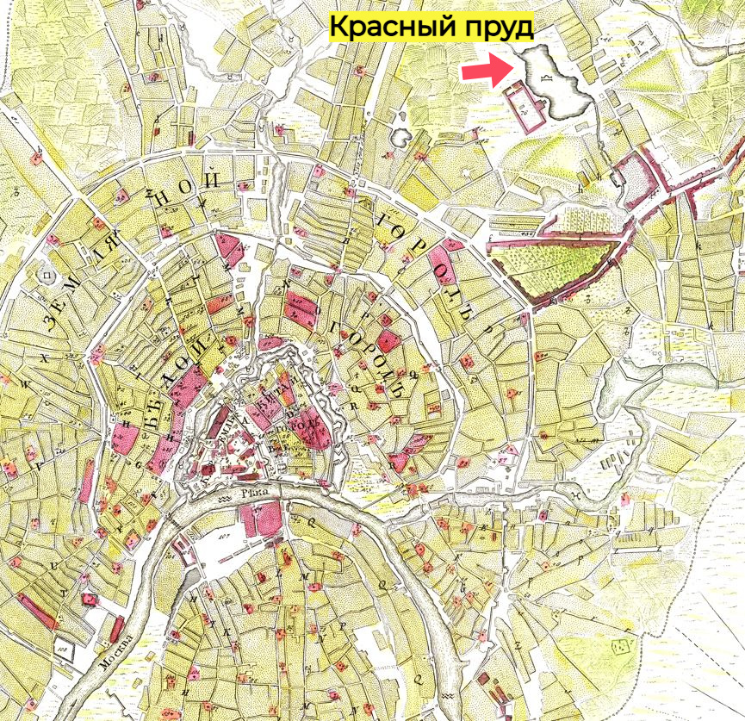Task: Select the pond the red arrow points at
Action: coord(556,83)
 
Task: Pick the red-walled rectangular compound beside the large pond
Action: coord(526,107)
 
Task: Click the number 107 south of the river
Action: coord(202,542)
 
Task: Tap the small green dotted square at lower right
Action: coord(620,645)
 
